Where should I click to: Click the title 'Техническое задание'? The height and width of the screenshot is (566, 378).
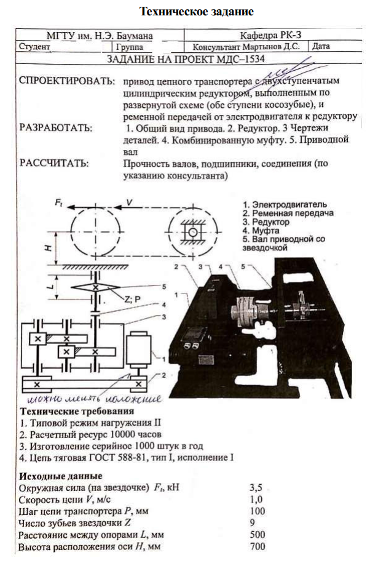point(189,12)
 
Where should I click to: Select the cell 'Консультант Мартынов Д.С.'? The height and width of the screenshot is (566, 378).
point(246,46)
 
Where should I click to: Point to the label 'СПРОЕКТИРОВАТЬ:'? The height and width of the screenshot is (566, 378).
point(66,81)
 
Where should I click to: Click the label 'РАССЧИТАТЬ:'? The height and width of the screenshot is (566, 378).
point(53,164)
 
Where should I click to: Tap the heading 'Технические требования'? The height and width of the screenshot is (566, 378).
point(77,412)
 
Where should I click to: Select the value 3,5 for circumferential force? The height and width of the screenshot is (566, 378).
point(258,488)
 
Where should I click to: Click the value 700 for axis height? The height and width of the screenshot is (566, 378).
point(259,546)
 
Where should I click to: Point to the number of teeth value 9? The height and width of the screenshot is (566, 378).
point(254,523)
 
